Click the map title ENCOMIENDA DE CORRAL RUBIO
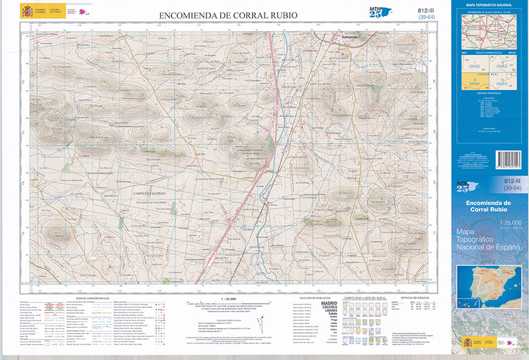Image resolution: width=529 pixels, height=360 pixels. pos(227,15)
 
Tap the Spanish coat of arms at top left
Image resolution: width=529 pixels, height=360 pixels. pos(26,11)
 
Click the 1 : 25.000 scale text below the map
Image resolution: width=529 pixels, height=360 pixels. pos(227,298)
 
